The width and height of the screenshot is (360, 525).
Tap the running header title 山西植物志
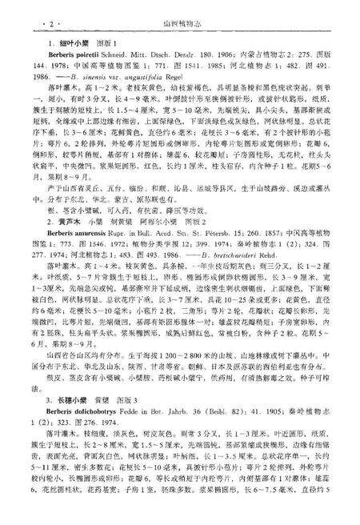coord(180,13)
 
